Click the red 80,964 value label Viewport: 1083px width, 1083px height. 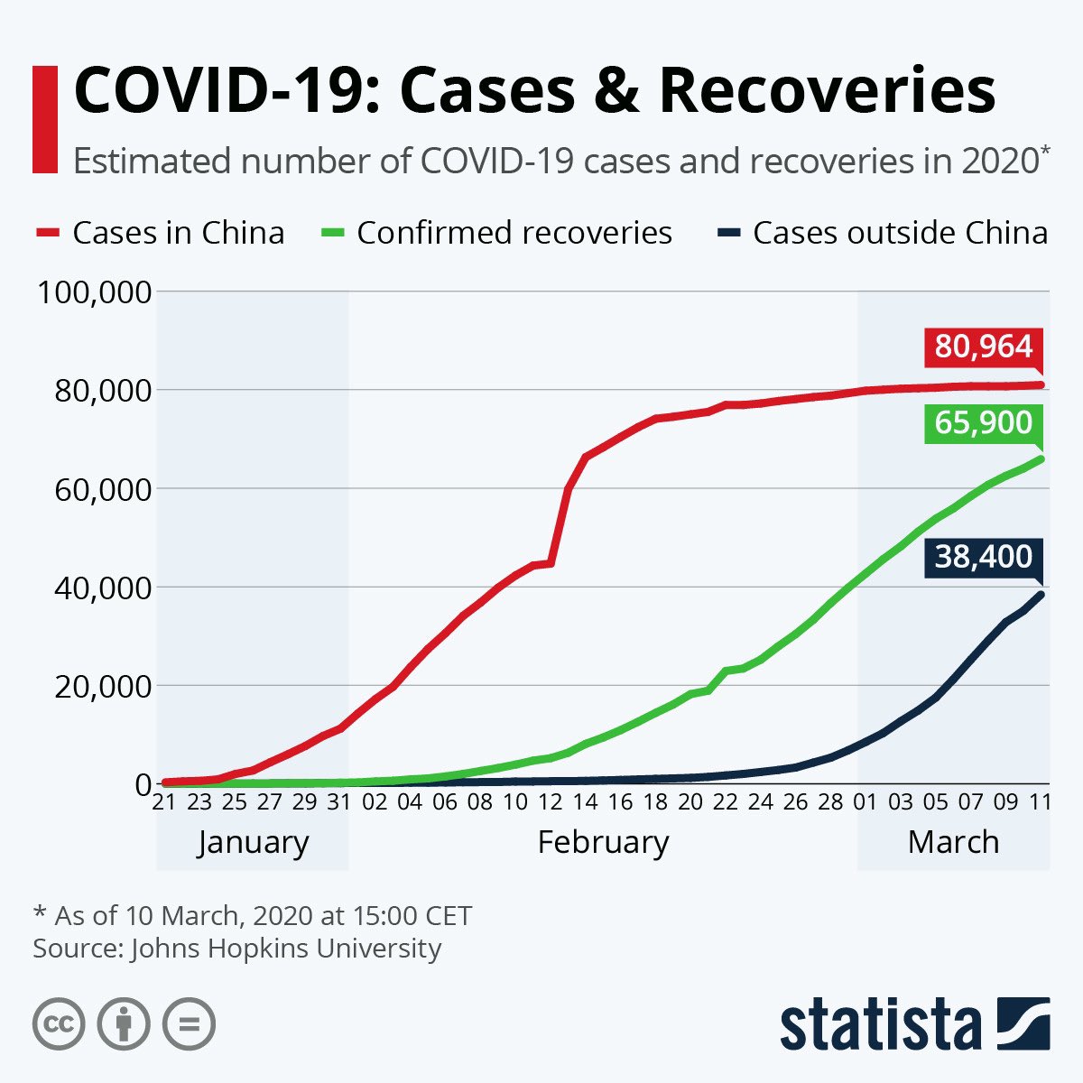(983, 347)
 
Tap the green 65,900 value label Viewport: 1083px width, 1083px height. (983, 422)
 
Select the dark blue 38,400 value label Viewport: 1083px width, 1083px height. (983, 557)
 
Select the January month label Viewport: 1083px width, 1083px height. (253, 842)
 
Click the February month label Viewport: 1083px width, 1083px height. (603, 842)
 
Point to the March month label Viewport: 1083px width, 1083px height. (953, 842)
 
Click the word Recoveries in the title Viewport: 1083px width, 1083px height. (828, 91)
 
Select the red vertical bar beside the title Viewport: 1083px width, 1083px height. (44, 118)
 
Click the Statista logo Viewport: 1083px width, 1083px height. (914, 1024)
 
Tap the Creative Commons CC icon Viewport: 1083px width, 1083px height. (59, 1024)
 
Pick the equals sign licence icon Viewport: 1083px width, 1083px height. (190, 1024)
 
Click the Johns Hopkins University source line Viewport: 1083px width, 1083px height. (237, 949)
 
